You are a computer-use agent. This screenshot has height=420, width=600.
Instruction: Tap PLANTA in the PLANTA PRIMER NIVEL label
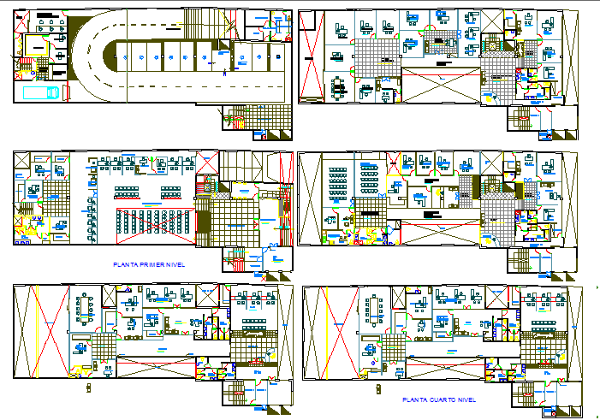click(128, 265)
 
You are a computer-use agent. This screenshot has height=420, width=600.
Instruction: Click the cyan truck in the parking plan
click(42, 92)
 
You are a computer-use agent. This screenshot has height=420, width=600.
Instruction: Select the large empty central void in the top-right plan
click(440, 86)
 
